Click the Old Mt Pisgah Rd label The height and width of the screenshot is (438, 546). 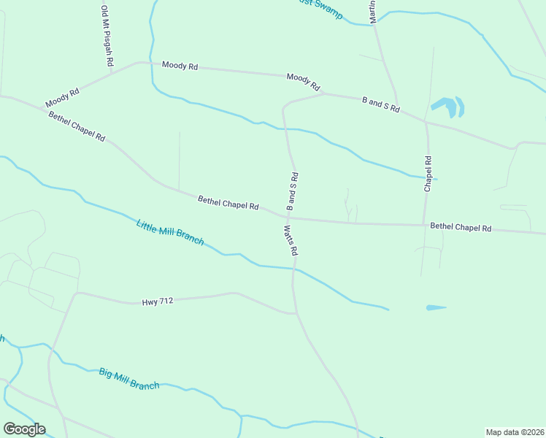click(x=107, y=35)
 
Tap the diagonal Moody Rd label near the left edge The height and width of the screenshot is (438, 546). click(x=62, y=98)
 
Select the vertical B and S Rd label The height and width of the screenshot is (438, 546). click(x=292, y=191)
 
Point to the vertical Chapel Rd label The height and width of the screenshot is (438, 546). click(x=428, y=174)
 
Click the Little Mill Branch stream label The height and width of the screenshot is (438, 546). click(x=170, y=232)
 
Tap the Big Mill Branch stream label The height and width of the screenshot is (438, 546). click(x=129, y=379)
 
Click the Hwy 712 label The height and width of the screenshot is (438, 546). click(x=158, y=301)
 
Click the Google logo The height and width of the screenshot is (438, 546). click(x=24, y=429)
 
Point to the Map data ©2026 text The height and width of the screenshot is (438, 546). click(x=515, y=431)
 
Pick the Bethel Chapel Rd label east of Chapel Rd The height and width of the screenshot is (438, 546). click(x=461, y=227)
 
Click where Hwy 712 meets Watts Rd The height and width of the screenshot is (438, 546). click(x=296, y=314)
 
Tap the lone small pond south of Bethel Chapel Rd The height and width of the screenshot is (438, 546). click(x=436, y=307)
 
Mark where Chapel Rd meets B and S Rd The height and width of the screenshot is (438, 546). click(x=426, y=122)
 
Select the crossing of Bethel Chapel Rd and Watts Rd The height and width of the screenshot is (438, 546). click(x=291, y=218)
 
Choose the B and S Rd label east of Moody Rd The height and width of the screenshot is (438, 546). click(x=381, y=104)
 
